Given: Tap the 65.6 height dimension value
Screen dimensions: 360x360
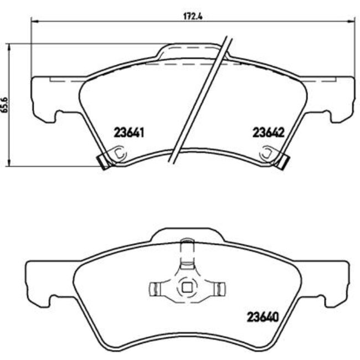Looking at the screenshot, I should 6,104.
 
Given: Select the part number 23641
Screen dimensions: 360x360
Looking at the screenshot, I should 128,133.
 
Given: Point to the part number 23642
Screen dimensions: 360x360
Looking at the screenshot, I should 268,133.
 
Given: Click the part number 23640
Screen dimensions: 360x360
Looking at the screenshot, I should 261,318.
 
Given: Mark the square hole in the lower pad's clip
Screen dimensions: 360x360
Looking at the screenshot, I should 187,287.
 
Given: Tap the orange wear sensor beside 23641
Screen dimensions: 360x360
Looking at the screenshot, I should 103,161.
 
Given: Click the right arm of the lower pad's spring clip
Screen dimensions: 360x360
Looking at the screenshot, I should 218,287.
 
